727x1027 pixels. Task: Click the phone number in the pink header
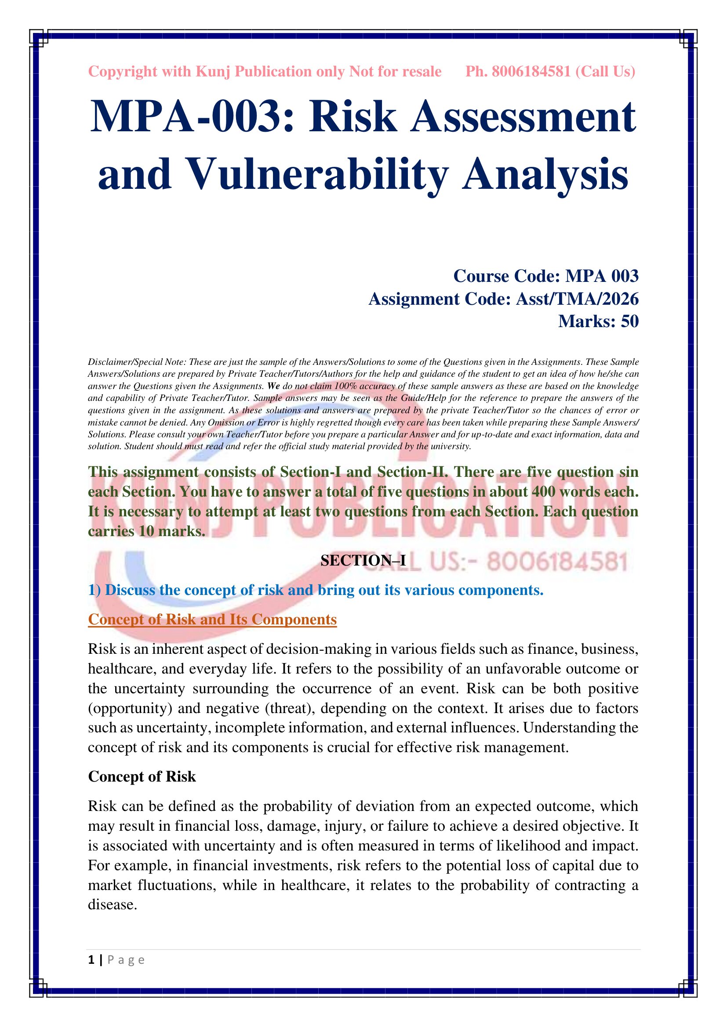point(531,72)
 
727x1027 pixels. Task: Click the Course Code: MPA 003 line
point(546,276)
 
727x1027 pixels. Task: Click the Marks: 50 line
point(598,321)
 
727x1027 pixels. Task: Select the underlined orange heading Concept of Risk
point(212,620)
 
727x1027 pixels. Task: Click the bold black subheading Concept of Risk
point(142,777)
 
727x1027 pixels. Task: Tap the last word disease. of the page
point(113,905)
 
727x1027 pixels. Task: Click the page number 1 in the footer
point(91,960)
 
